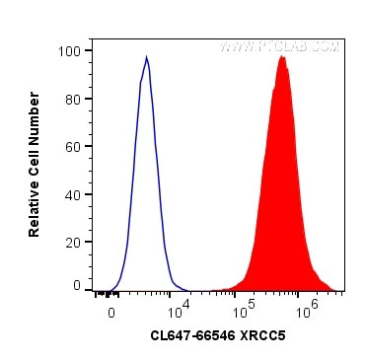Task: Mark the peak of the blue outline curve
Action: pos(146,57)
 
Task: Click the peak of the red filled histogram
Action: pos(282,57)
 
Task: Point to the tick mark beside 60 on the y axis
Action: pos(90,146)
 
